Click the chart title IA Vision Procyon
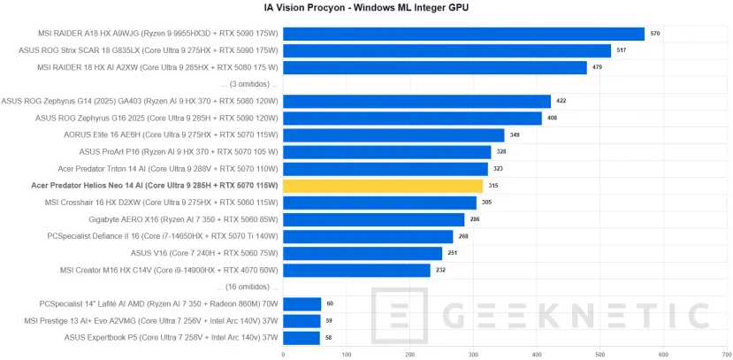(366, 8)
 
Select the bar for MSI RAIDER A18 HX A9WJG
(464, 34)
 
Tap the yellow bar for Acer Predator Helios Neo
(383, 186)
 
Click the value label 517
(622, 50)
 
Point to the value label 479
(598, 67)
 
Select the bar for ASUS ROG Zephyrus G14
(416, 101)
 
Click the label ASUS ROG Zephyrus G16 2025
(157, 118)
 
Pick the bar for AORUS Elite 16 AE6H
(393, 135)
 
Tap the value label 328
(501, 152)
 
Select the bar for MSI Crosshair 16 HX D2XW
(379, 203)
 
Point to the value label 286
(475, 219)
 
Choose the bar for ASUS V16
(363, 253)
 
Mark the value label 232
(441, 271)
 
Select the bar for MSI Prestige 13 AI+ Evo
(302, 321)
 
